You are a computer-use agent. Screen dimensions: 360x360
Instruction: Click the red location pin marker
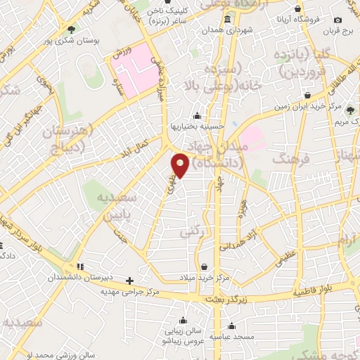pos(181,164)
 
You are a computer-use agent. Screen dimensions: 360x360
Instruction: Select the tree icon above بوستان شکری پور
pos(71,29)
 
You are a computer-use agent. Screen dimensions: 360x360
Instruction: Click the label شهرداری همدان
pos(228,32)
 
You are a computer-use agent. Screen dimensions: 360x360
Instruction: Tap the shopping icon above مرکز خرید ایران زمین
pos(308,95)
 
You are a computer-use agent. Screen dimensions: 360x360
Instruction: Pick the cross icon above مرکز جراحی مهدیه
pos(129,280)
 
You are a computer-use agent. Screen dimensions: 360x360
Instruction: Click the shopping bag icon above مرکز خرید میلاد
pos(205,266)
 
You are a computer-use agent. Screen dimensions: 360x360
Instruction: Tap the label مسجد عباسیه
pos(233,337)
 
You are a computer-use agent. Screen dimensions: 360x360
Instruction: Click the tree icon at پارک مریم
pos(349,110)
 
